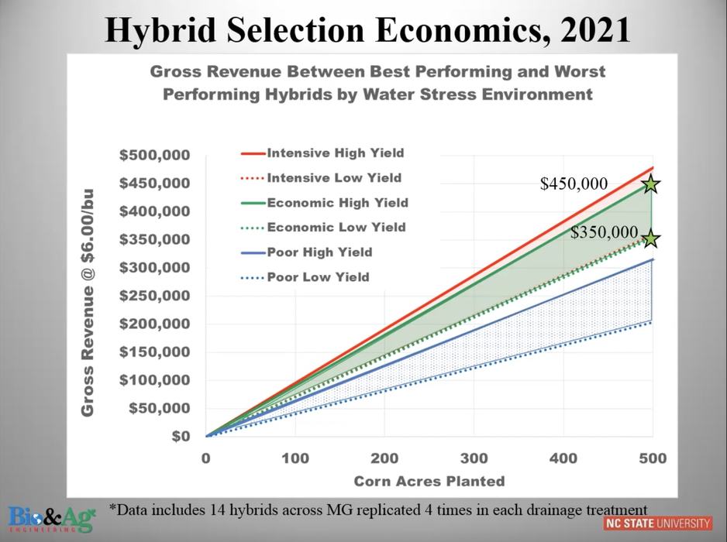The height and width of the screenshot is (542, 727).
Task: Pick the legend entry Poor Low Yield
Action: [318, 276]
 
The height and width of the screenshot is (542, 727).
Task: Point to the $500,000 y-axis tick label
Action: [154, 155]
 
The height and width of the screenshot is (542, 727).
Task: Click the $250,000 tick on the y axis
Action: [154, 296]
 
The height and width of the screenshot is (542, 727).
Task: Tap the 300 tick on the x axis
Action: [474, 458]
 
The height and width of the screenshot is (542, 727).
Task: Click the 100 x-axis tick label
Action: [295, 458]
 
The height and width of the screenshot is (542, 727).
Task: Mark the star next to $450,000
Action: [650, 184]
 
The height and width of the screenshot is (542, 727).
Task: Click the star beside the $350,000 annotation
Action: [650, 238]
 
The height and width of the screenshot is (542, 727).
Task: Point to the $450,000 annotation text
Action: [574, 184]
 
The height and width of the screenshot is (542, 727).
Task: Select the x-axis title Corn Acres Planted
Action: [429, 481]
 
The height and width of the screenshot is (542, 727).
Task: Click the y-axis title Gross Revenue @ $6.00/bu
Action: [88, 302]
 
